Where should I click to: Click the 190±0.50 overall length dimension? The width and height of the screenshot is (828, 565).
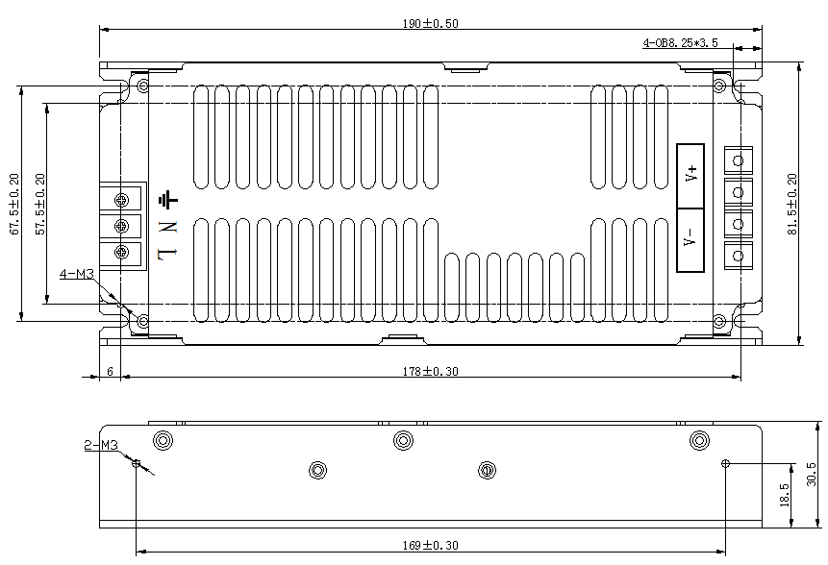430,23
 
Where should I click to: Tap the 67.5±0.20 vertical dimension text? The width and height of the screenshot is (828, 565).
13,204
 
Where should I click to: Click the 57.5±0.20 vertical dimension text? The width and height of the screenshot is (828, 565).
39,204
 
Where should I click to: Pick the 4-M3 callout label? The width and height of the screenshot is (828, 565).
76,275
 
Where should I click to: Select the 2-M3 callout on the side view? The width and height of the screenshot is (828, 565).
100,446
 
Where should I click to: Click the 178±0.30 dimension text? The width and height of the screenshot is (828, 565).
430,371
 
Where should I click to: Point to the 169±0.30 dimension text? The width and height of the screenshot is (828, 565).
430,545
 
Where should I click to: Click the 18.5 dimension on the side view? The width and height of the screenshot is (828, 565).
784,494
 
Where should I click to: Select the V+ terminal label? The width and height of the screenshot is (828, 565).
690,175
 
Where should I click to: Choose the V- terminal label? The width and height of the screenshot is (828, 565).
690,237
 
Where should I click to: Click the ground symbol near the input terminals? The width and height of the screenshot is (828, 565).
168,200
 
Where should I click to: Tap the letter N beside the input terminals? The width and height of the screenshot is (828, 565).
168,227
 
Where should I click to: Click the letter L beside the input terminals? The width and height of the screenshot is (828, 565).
168,253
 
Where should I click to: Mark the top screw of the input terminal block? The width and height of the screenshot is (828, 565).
122,200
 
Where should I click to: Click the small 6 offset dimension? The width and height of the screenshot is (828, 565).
110,371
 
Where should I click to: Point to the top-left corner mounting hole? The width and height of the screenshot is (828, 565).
143,87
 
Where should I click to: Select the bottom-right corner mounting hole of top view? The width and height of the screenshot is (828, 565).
717,321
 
